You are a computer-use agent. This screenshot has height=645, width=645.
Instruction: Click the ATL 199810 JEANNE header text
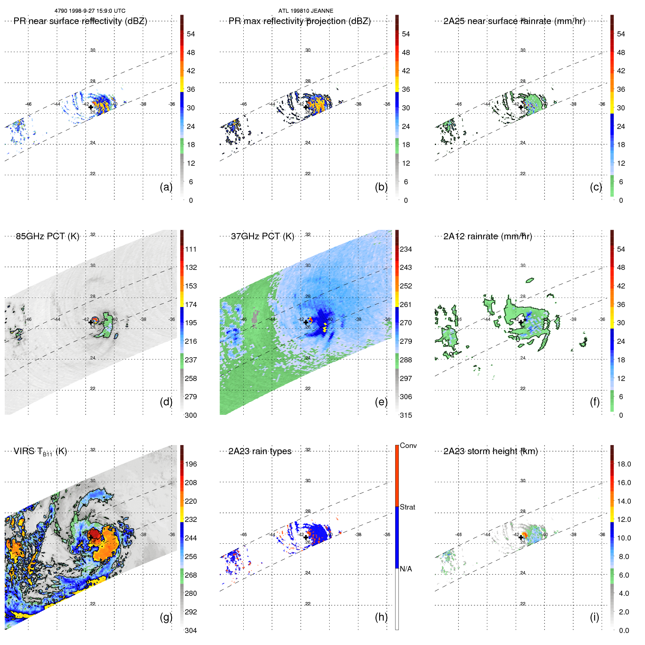tap(306, 11)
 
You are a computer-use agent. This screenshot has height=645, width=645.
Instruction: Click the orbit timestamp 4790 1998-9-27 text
tap(90, 11)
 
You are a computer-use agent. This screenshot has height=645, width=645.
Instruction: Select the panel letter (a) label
tap(166, 187)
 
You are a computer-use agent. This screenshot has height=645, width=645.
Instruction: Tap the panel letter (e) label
tap(381, 402)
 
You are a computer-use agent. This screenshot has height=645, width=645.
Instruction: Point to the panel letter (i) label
tap(594, 617)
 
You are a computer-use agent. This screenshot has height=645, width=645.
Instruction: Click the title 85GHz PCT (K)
tap(47, 236)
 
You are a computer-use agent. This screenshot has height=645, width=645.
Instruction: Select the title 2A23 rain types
tap(260, 451)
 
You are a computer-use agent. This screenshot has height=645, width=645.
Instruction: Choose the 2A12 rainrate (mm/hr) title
tap(487, 236)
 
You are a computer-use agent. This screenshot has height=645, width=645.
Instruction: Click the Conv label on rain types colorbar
tap(408, 445)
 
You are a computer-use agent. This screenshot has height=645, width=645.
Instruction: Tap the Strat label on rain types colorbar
tap(407, 507)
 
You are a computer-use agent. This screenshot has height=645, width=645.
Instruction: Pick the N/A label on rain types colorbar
tap(406, 569)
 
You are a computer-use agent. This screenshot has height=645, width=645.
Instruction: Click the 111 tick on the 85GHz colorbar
tap(191, 249)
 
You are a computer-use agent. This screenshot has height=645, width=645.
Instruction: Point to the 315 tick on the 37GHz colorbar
tap(406, 415)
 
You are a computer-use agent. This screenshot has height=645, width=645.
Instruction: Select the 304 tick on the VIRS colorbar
tap(191, 630)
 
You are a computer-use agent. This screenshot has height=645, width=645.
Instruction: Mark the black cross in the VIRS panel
tap(91, 537)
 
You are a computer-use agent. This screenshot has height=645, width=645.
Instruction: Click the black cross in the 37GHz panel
tap(306, 322)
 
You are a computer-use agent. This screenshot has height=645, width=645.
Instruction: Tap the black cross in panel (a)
tap(91, 107)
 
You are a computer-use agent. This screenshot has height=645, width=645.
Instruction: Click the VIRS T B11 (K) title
tap(40, 452)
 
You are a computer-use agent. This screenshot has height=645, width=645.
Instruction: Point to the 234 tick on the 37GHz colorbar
tap(406, 249)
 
